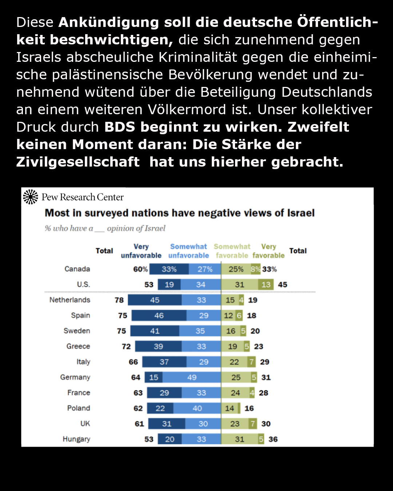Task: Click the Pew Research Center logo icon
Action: pos(30,197)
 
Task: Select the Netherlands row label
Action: pos(70,300)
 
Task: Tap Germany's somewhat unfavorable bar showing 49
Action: pos(192,378)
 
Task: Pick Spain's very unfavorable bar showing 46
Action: pos(159,316)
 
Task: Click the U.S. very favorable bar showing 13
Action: pos(266,285)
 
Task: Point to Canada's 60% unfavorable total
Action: pos(140,270)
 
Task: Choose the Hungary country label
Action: pos(76,439)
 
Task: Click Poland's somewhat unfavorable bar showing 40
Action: pos(197,408)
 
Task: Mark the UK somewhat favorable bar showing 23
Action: pos(235,424)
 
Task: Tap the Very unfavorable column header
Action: pos(141,251)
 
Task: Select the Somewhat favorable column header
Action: pos(232,251)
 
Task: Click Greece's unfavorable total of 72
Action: pos(126,347)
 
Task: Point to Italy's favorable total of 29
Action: pos(265,362)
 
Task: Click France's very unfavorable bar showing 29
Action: pos(164,393)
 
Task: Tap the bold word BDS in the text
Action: pos(120,127)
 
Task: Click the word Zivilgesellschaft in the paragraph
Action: pos(78,162)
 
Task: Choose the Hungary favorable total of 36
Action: pos(273,439)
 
